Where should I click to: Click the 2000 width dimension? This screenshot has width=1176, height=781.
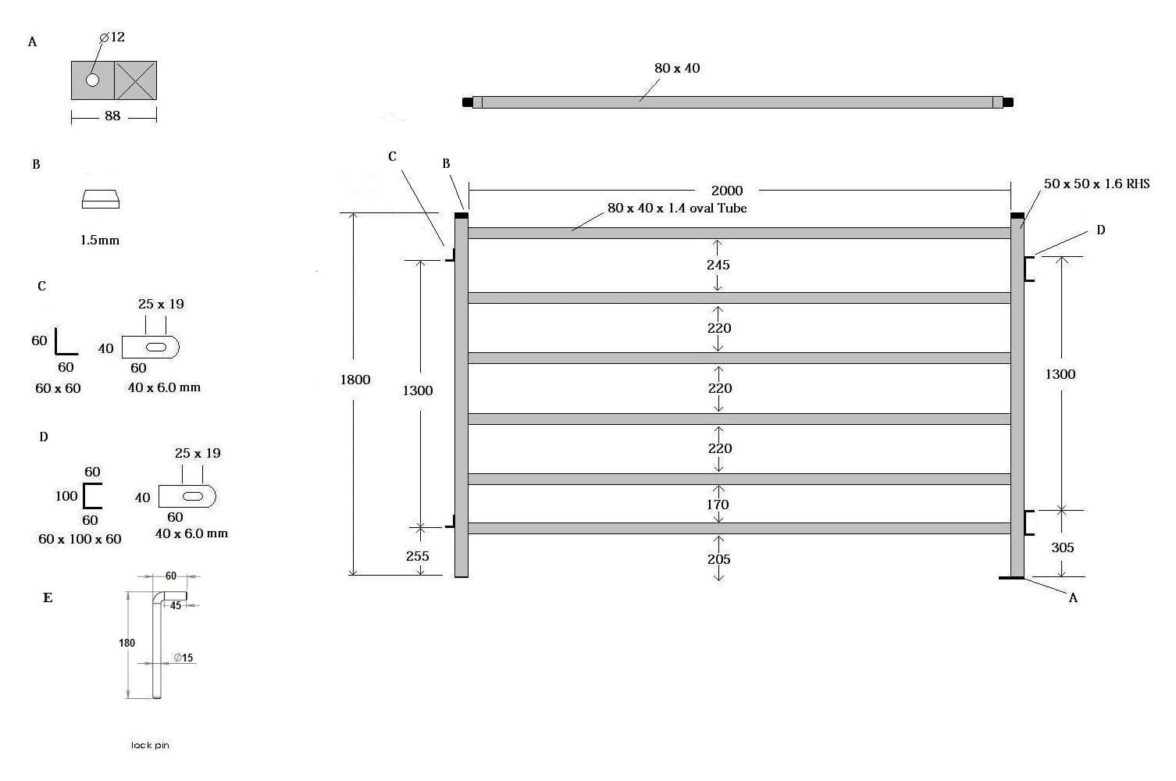(x=726, y=191)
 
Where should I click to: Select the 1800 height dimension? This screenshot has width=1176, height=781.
(x=355, y=380)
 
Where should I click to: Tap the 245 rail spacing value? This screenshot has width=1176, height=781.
(x=718, y=265)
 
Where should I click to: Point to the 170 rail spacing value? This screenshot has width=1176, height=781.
(x=718, y=505)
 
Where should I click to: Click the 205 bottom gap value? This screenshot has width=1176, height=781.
(x=718, y=559)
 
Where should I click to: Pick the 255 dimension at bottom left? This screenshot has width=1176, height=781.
(x=417, y=556)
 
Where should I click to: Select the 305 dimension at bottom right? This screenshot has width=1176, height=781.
(x=1062, y=547)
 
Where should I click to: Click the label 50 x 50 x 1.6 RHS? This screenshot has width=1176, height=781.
(x=1096, y=184)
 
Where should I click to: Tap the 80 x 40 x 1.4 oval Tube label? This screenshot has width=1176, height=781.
(x=677, y=208)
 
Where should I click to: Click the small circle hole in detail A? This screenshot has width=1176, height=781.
(x=93, y=80)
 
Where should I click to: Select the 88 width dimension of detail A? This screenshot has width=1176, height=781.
(x=112, y=116)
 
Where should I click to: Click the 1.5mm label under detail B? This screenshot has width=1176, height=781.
(x=100, y=241)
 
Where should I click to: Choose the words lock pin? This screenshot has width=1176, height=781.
(x=150, y=745)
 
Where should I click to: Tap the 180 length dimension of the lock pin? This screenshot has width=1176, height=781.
(x=127, y=643)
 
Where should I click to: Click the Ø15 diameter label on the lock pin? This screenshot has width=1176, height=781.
(x=184, y=658)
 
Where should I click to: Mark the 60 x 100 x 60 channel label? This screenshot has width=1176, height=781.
(x=80, y=539)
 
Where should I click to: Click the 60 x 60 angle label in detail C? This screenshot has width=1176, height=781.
(x=58, y=388)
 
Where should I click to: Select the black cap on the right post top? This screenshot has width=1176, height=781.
(x=1017, y=215)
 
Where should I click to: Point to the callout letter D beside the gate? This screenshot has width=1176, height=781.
(x=1100, y=230)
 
